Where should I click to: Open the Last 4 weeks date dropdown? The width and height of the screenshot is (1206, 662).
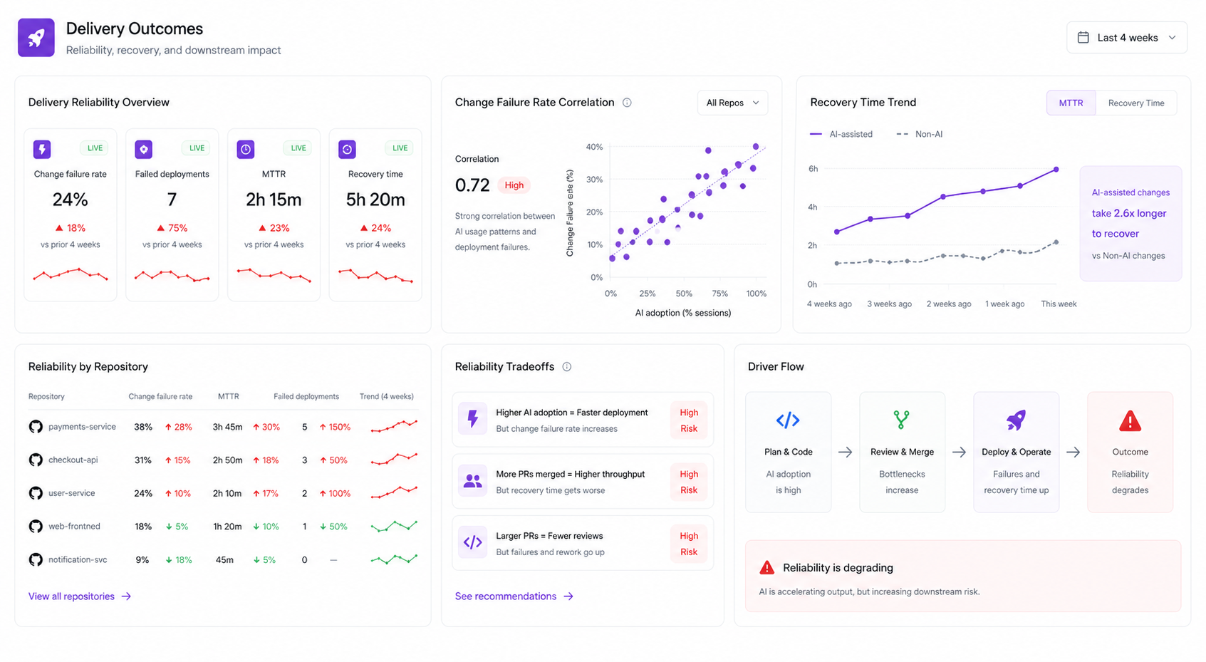coord(1126,38)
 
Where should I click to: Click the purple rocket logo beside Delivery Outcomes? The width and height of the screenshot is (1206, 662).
coord(36,38)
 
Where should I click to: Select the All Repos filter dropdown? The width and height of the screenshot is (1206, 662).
coord(732,103)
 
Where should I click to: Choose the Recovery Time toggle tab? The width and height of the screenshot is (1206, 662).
coord(1136,103)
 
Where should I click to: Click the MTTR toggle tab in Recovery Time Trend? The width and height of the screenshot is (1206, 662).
coord(1071,103)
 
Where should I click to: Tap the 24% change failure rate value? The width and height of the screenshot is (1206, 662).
coord(70,200)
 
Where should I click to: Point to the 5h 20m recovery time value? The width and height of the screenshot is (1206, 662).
coord(375,200)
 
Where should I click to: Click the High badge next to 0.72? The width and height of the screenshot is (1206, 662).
coord(514,185)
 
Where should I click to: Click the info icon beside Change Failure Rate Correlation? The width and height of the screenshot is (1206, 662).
coord(627,103)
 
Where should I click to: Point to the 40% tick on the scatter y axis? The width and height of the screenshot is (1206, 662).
coord(594,147)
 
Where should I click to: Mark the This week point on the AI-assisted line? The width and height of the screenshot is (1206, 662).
coord(1056,170)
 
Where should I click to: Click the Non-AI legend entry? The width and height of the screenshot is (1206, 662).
coord(920,134)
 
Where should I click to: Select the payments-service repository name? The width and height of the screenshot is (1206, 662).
coord(82,427)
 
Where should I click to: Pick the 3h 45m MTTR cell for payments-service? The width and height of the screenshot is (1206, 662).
coord(227,427)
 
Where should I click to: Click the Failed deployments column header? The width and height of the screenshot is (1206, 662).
coord(306,396)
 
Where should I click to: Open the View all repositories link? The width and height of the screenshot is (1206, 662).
coord(80,596)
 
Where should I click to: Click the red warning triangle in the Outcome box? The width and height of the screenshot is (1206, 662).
coord(1130,420)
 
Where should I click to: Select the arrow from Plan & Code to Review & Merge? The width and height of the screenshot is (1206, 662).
coord(846,452)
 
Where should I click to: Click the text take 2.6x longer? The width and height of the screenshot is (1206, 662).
coord(1129,213)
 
